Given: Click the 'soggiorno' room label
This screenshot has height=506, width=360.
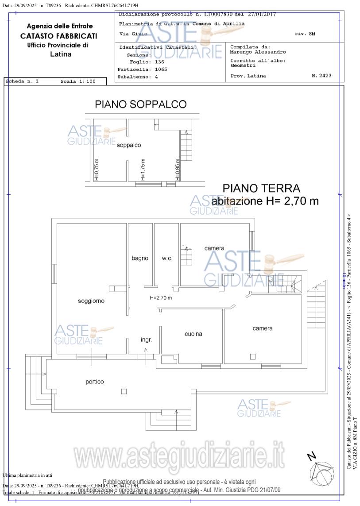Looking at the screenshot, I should coord(91,301).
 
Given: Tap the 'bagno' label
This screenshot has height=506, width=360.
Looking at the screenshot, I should coord(140,258).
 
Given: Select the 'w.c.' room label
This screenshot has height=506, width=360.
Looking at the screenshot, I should coord(166,258).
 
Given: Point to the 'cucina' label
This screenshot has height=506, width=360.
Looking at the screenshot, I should coord(194,334).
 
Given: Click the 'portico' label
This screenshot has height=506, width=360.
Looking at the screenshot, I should coord(95,382).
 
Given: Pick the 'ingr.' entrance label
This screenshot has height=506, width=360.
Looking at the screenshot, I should coord(147,340).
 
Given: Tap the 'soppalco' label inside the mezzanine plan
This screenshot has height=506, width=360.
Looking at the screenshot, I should coord(129,145).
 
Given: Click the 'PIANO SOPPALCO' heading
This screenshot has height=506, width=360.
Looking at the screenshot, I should coord(140,104).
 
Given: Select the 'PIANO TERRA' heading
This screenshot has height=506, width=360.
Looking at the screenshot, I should coord(261,189).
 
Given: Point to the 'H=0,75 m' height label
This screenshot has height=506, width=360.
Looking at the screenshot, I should coord(97,170).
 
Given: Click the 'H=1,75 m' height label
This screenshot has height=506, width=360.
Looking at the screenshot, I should coord(143,170).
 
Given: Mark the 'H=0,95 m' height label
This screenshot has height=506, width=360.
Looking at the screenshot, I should coord(178,170).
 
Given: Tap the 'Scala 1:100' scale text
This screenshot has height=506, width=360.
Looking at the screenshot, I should coord(78,81).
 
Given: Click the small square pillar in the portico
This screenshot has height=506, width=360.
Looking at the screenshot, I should coord(124,391).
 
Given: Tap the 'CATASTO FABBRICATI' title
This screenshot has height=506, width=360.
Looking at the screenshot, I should coord(59,36).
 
